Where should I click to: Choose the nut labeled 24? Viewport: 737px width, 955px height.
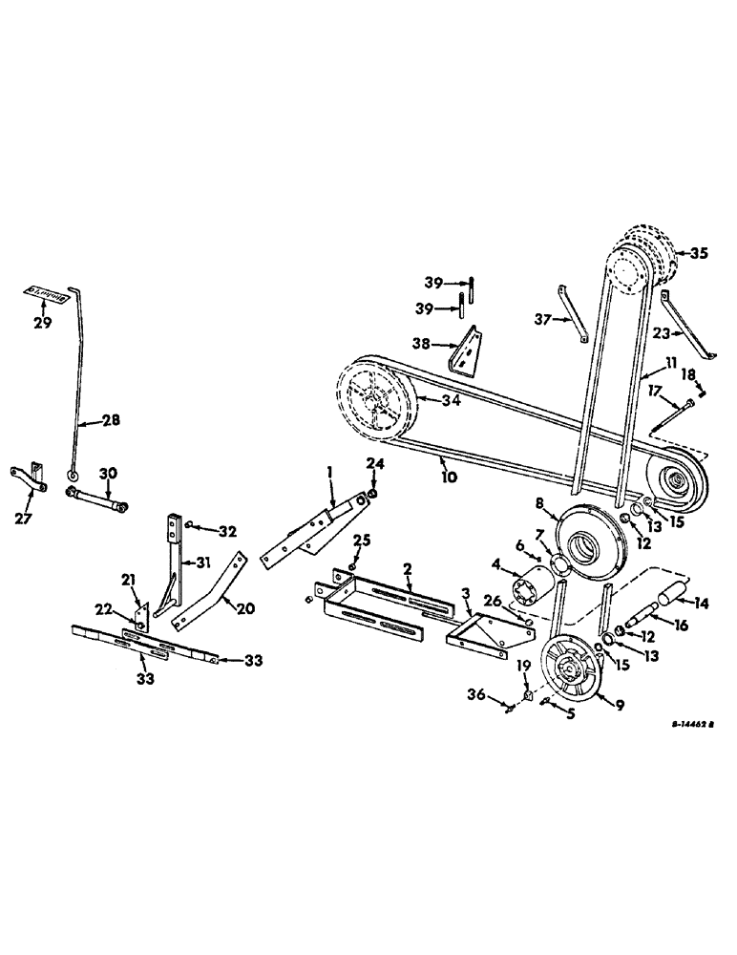click(372, 494)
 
